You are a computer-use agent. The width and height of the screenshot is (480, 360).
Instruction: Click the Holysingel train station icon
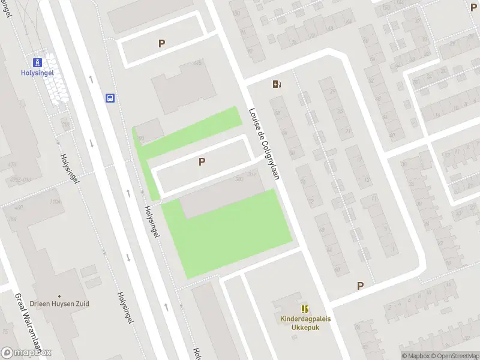(37, 62)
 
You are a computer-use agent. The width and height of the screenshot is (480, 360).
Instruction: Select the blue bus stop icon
(110, 98)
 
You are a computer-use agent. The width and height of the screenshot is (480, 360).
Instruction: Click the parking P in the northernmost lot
(161, 43)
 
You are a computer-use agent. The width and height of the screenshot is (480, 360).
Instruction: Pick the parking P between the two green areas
(202, 161)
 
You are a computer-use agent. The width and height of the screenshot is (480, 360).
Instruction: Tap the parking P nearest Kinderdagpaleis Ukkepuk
(360, 286)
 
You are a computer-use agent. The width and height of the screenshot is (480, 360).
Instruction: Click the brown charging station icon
(277, 84)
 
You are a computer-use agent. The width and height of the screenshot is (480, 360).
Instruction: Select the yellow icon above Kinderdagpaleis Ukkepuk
(305, 308)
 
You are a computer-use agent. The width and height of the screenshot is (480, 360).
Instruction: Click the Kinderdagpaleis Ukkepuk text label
(305, 323)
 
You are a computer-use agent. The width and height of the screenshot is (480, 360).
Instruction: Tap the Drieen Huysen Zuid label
(59, 304)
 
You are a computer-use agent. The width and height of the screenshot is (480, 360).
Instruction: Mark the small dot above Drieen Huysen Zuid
(59, 296)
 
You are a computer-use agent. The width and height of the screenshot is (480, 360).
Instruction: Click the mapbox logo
(26, 353)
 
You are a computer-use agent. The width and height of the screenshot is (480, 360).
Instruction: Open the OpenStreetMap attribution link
(456, 356)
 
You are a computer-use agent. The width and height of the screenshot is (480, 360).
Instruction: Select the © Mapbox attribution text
(416, 356)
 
